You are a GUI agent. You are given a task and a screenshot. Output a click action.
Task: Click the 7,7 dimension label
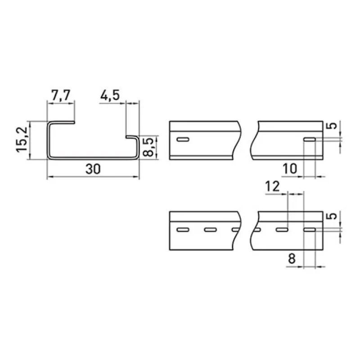(x=60, y=95)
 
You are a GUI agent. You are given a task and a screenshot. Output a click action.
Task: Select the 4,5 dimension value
(x=110, y=95)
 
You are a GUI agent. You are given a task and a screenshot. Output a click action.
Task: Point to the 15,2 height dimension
(x=22, y=139)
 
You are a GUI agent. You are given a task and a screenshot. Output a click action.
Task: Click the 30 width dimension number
(x=93, y=169)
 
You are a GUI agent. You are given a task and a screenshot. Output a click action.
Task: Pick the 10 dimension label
(x=290, y=169)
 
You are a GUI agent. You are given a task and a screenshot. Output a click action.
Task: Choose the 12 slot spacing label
(x=273, y=186)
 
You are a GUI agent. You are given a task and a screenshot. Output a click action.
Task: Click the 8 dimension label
(x=292, y=259)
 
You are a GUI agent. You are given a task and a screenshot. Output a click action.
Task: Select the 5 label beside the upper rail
(x=333, y=126)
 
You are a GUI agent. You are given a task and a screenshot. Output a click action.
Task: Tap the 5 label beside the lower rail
(x=333, y=216)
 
